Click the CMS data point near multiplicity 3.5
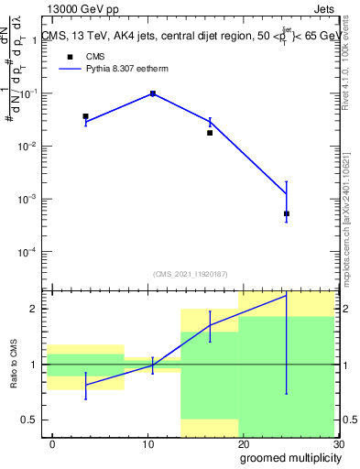tap(85, 116)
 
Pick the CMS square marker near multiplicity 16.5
tap(210, 133)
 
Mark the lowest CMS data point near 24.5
tap(287, 213)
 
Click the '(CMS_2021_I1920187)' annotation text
tap(191, 273)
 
